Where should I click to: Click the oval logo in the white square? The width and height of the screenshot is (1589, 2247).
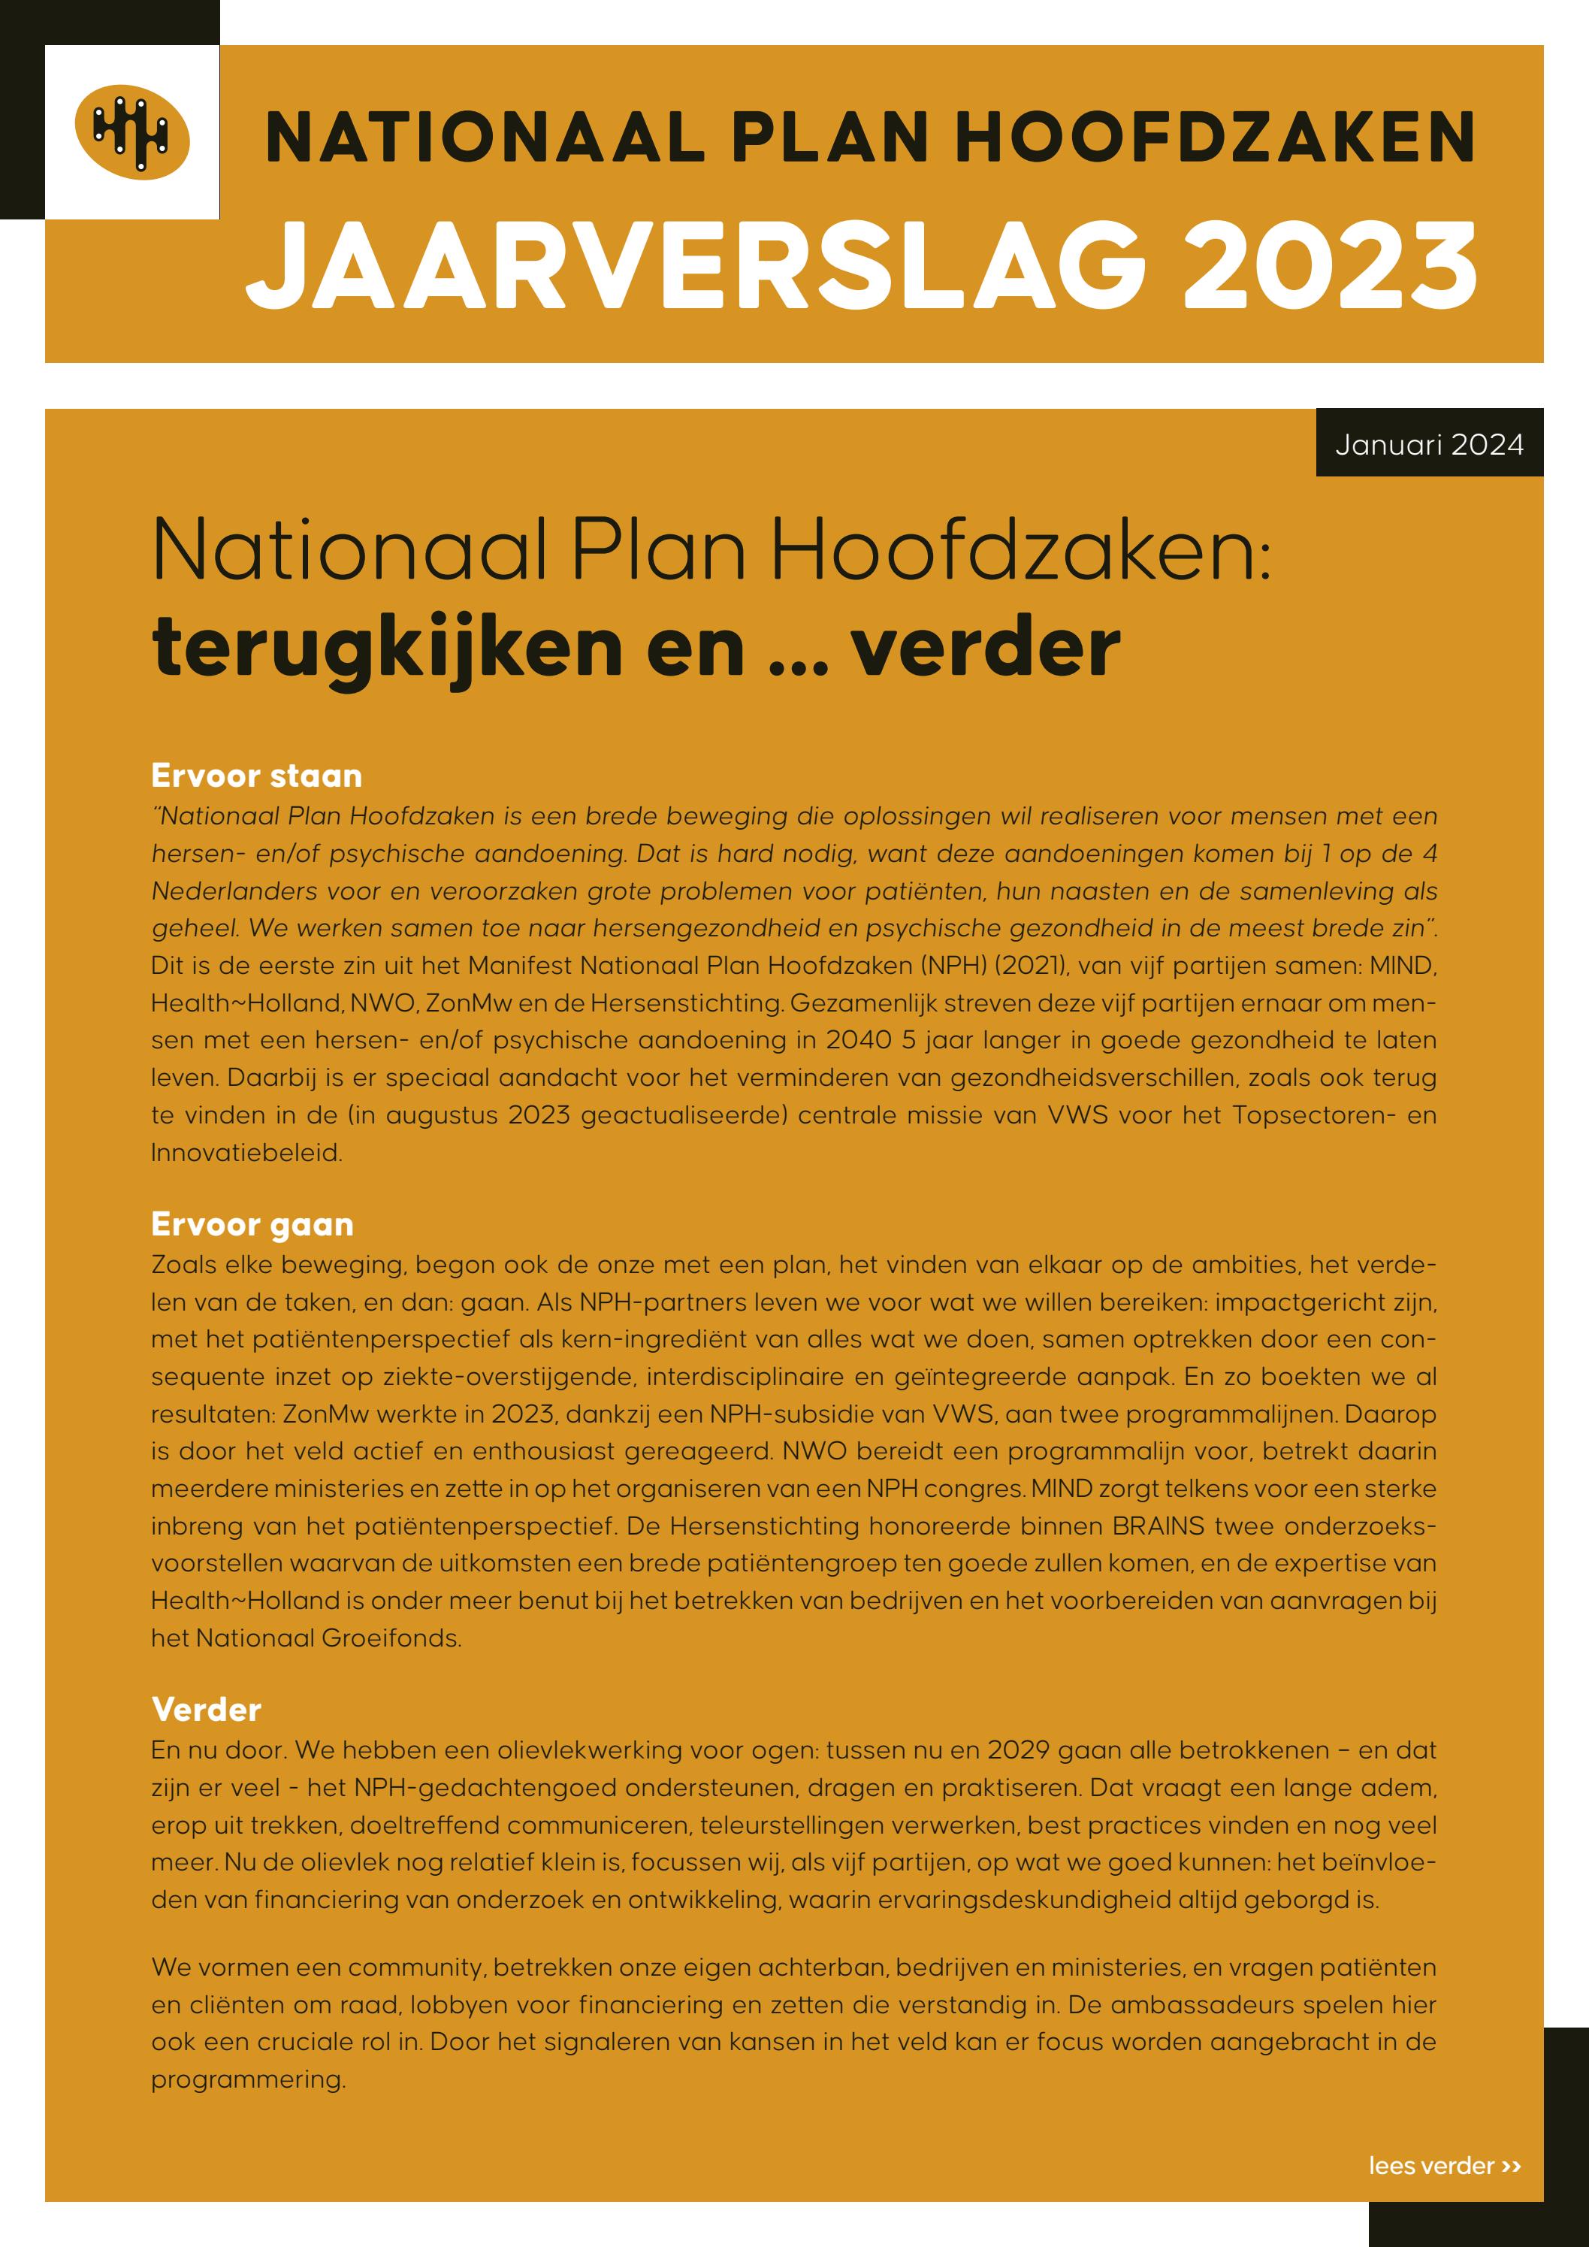[132, 133]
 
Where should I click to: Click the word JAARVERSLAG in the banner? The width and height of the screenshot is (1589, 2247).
[696, 265]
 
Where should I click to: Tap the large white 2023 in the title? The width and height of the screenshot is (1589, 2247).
[1330, 265]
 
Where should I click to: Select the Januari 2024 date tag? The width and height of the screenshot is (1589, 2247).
[1428, 446]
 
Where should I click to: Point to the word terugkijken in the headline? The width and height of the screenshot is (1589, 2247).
[388, 648]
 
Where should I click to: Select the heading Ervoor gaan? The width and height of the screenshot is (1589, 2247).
[252, 1224]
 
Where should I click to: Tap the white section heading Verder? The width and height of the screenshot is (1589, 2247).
[207, 1710]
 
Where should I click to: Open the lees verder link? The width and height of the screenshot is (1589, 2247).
[1444, 2166]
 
